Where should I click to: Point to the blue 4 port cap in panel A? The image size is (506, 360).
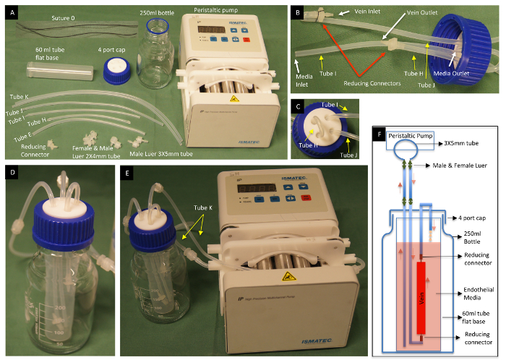click(116, 72)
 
